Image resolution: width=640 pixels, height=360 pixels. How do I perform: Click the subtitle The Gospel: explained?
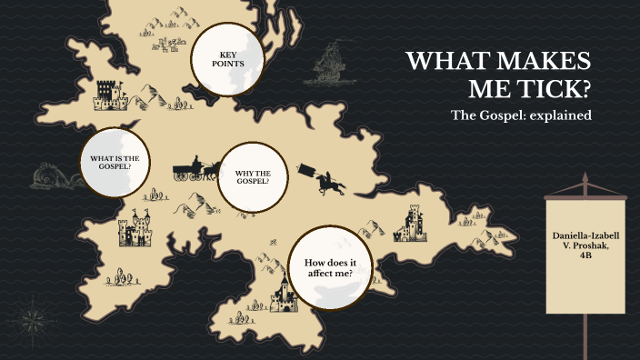(522, 116)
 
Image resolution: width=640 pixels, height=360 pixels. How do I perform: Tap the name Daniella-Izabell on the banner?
(587, 236)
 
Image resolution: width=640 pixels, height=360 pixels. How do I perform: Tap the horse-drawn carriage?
(194, 171)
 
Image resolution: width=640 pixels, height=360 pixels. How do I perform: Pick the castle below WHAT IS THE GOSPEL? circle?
(136, 230)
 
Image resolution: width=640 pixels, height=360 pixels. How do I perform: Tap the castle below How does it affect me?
(283, 295)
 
